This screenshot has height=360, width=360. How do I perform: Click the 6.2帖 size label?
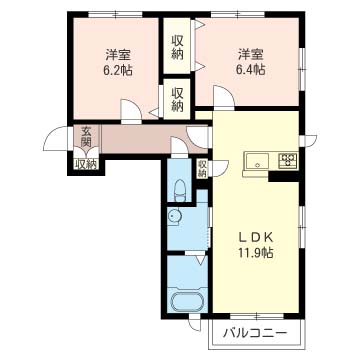coord(118,72)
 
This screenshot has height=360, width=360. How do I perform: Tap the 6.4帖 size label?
coord(252,72)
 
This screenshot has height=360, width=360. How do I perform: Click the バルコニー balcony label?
coord(255,332)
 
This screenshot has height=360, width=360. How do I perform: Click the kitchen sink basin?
coord(255,161)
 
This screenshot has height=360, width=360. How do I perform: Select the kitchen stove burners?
coord(288,160)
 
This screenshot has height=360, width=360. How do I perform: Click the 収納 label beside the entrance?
coord(85,164)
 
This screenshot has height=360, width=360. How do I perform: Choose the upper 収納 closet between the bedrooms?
coord(177,47)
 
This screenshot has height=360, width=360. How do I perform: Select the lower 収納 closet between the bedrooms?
coord(177,99)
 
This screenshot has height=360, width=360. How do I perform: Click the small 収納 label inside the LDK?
coord(203,169)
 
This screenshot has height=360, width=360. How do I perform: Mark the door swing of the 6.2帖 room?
coord(130,110)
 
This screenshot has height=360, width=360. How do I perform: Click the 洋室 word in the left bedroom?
coord(118,55)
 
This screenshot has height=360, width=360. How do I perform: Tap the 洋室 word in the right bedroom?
coord(252,55)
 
